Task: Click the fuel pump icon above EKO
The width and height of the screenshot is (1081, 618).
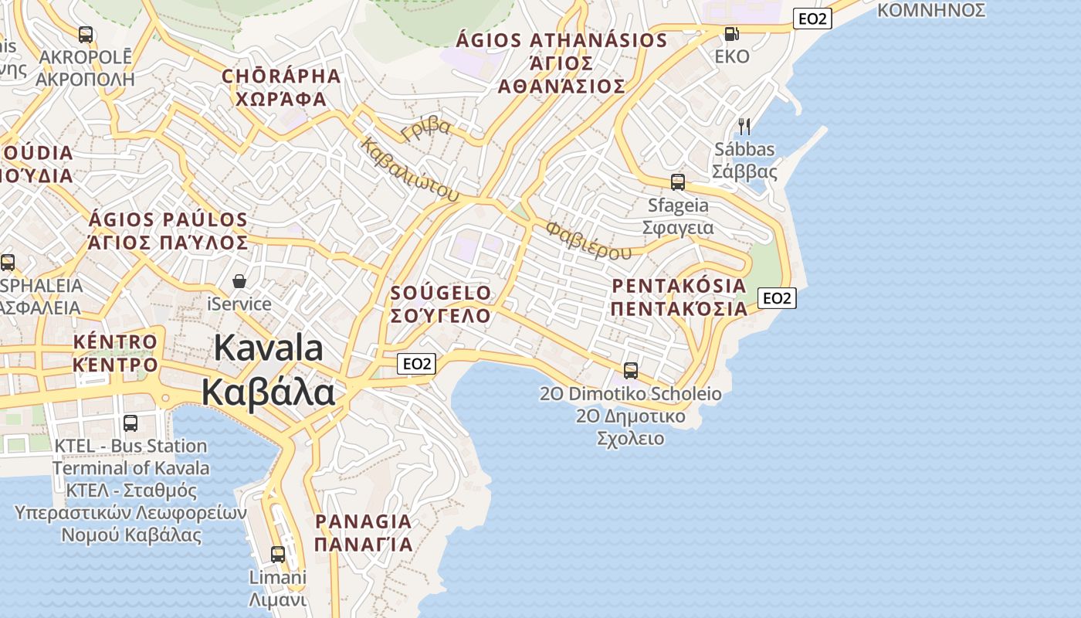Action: [730, 34]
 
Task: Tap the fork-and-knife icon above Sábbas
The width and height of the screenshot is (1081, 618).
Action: [744, 126]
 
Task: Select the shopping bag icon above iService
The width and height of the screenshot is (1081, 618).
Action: [239, 281]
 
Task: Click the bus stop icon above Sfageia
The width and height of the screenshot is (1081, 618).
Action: [677, 182]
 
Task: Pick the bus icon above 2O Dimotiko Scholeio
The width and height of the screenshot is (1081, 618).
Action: [631, 371]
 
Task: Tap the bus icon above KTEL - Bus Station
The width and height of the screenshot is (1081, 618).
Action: [130, 423]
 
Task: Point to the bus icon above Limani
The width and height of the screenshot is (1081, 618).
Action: [277, 554]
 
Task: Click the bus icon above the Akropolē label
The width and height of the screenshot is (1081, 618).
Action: [86, 35]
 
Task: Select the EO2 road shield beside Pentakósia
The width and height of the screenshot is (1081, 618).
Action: [777, 298]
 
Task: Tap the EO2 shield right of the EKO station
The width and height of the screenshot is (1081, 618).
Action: [812, 19]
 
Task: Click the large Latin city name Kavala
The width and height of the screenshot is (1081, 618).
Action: [269, 348]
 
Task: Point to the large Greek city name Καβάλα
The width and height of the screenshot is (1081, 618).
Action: [269, 392]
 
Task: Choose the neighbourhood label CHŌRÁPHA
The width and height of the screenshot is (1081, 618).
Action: [281, 76]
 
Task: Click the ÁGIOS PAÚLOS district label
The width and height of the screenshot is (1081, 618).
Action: [168, 220]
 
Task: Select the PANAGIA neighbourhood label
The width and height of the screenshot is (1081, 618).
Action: [363, 521]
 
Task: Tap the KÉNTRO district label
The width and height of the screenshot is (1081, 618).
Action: [115, 341]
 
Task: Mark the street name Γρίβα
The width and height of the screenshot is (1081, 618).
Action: [426, 127]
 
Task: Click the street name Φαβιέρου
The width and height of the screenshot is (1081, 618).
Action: [588, 240]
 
